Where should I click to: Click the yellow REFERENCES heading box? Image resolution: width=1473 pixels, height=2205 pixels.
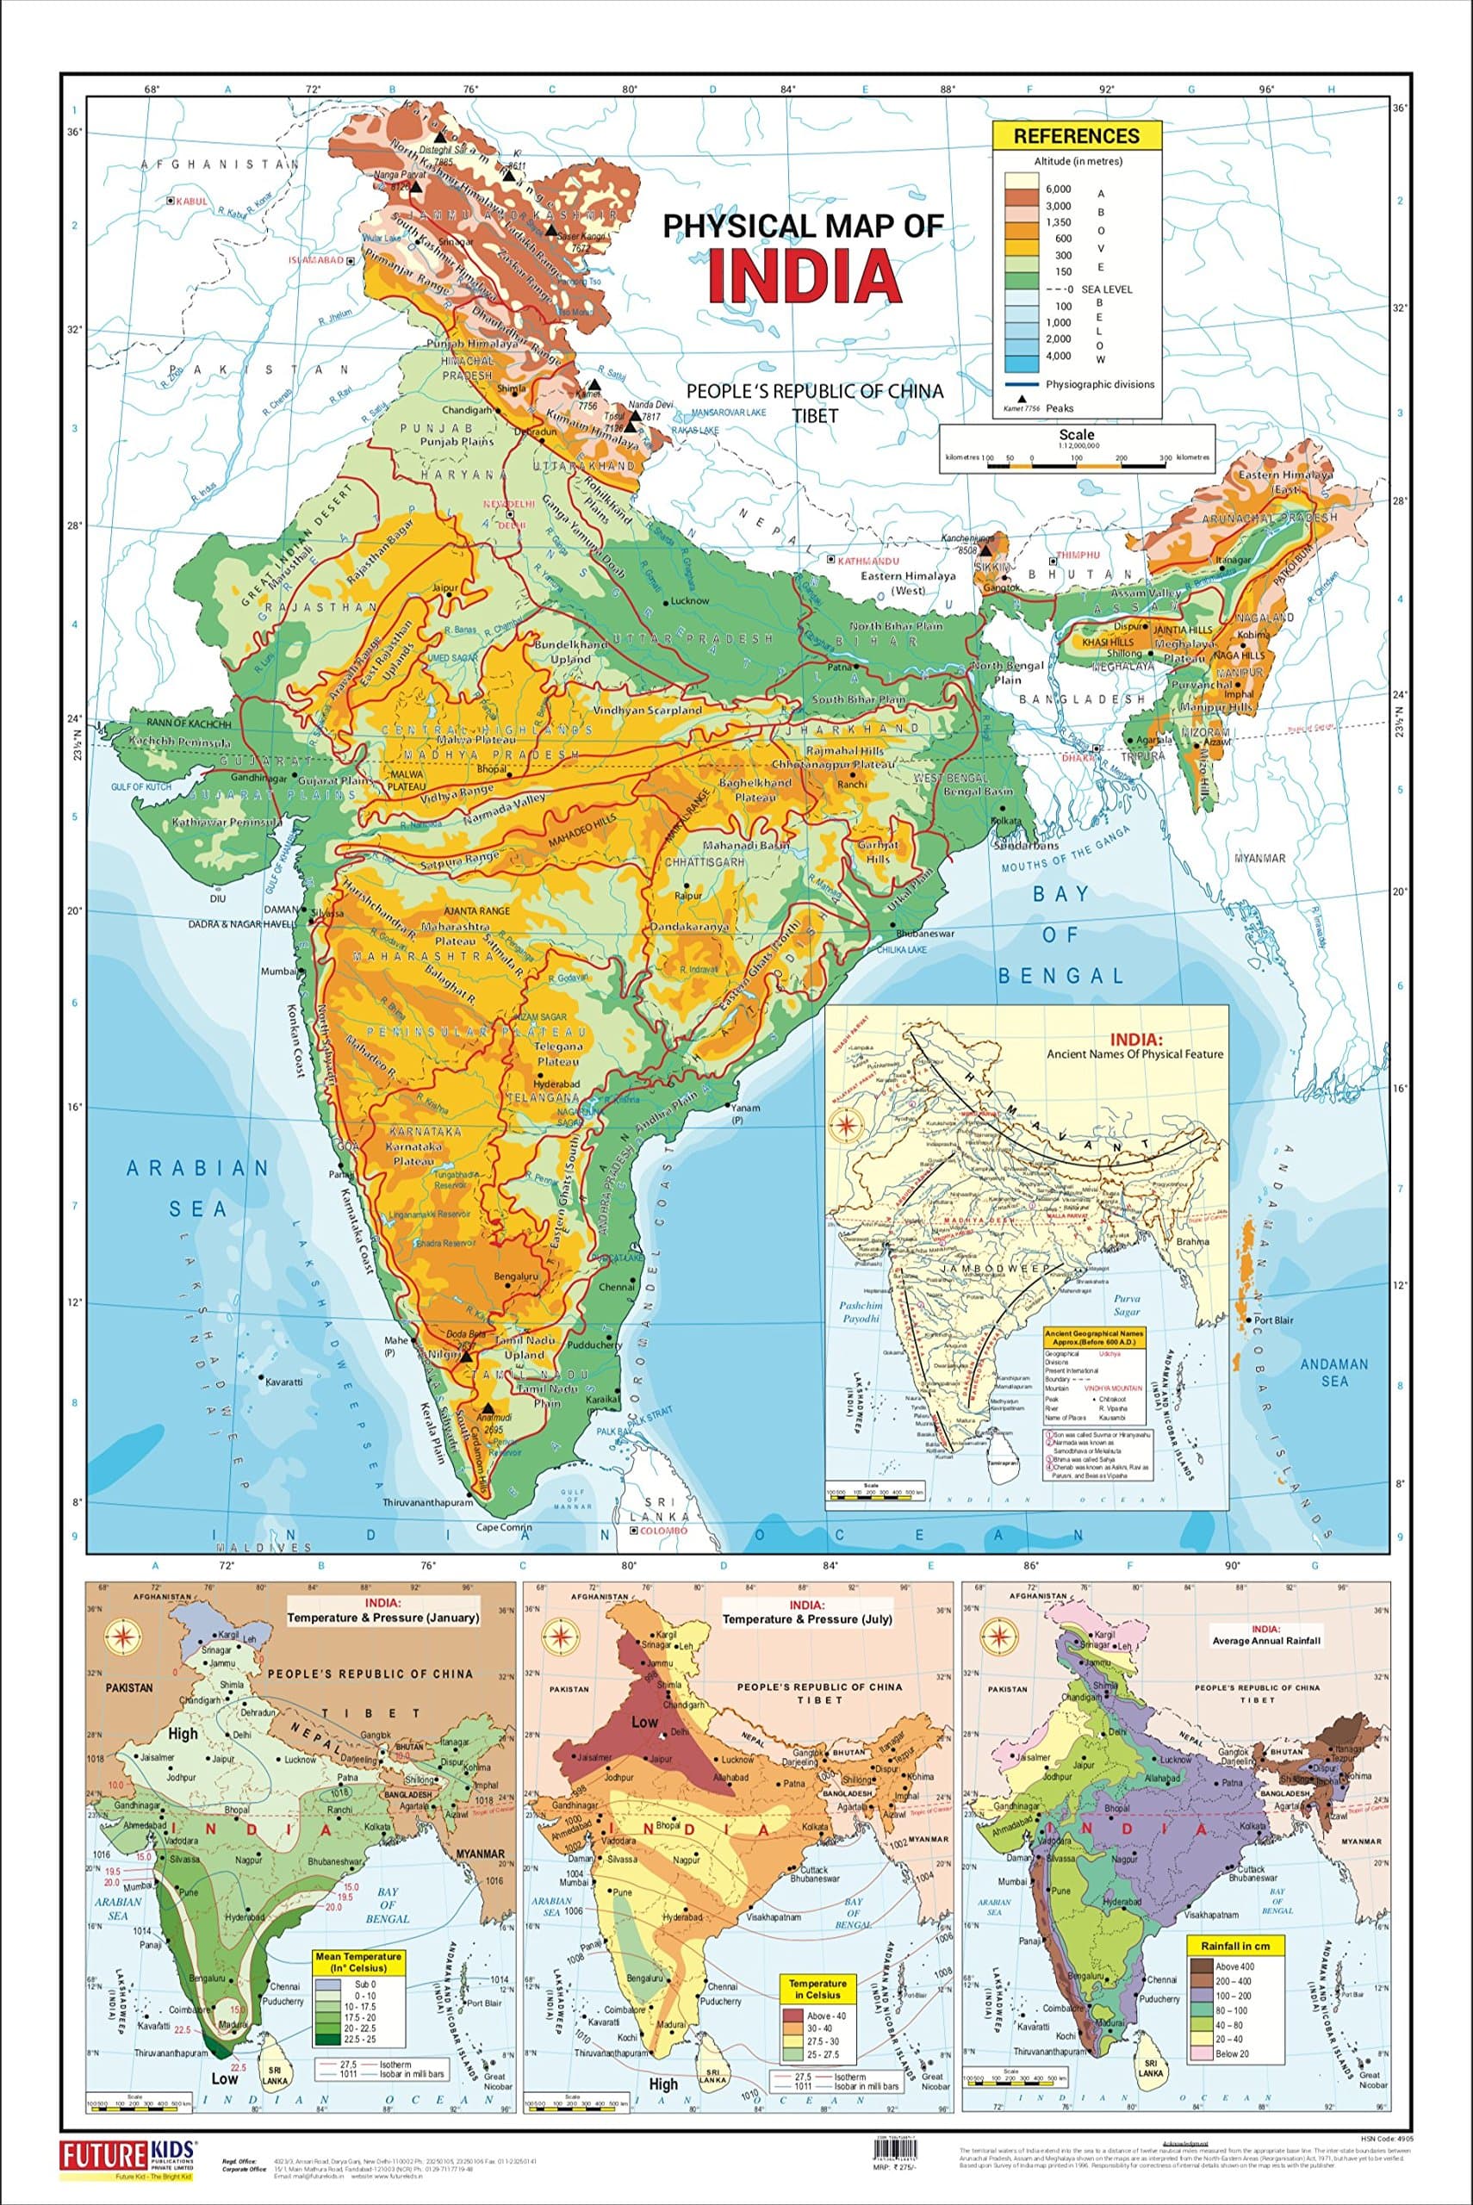pos(1077,135)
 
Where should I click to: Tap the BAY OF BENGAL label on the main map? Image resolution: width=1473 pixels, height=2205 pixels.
pos(1060,934)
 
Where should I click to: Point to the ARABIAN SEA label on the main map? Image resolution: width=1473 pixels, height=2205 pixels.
pos(197,1187)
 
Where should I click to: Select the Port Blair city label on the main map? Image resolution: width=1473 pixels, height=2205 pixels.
pos(1275,1320)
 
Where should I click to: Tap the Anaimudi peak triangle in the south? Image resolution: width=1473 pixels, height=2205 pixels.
pos(488,1408)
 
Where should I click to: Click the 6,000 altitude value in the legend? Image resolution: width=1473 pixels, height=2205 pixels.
pos(1059,189)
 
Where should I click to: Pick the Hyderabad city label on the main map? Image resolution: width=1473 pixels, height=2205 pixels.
pos(556,1083)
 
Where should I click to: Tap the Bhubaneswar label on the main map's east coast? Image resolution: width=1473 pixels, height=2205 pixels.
pos(924,934)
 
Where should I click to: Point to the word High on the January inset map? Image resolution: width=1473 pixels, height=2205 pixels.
pos(183,1734)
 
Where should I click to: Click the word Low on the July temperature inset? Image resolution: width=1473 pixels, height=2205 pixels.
pos(644,1723)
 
